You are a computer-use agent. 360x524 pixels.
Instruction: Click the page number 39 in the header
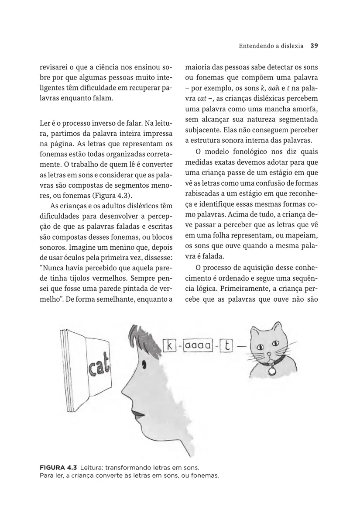314,45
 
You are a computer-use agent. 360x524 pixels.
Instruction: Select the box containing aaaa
198,346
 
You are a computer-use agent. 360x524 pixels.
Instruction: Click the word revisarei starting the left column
54,68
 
